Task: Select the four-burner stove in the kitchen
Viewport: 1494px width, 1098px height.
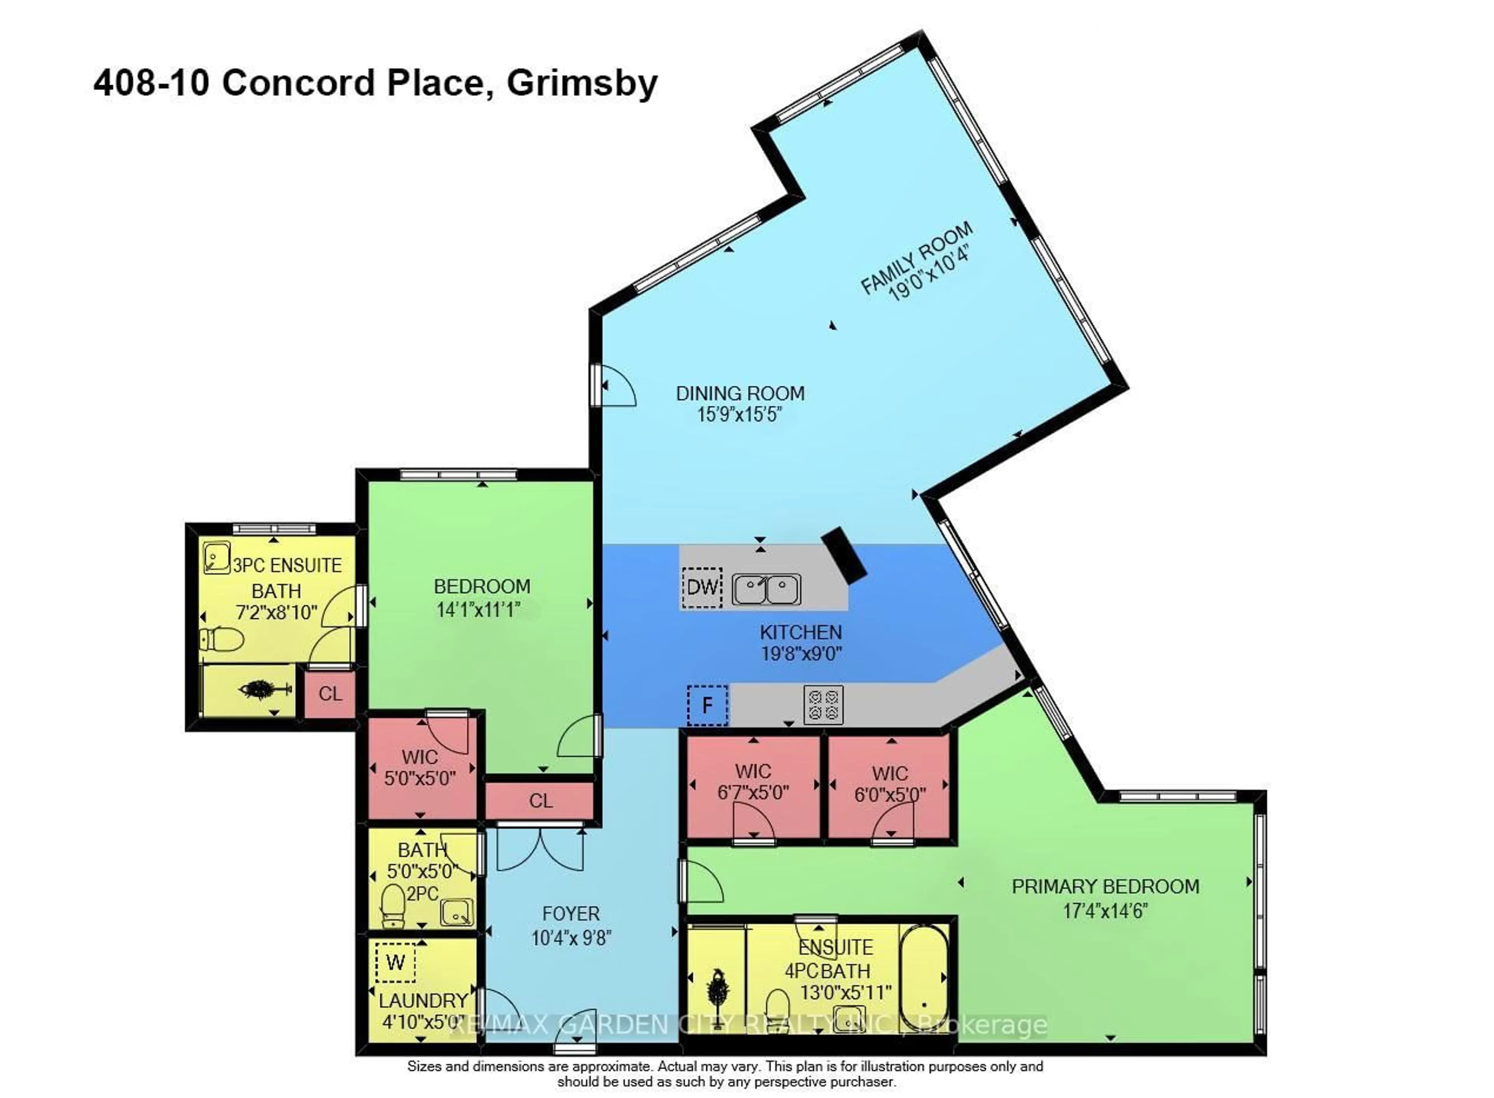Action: tap(823, 704)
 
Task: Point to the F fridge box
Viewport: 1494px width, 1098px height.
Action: tap(707, 704)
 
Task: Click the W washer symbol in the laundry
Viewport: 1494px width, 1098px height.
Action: tap(395, 962)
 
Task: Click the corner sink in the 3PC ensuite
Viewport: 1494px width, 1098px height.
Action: tap(216, 558)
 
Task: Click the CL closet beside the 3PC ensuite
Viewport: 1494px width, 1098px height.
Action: tap(330, 694)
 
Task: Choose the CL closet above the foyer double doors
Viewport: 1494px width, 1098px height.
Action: tap(540, 801)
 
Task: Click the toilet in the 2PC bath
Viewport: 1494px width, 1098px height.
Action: tap(393, 905)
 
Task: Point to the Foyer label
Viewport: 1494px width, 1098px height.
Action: tap(571, 914)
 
